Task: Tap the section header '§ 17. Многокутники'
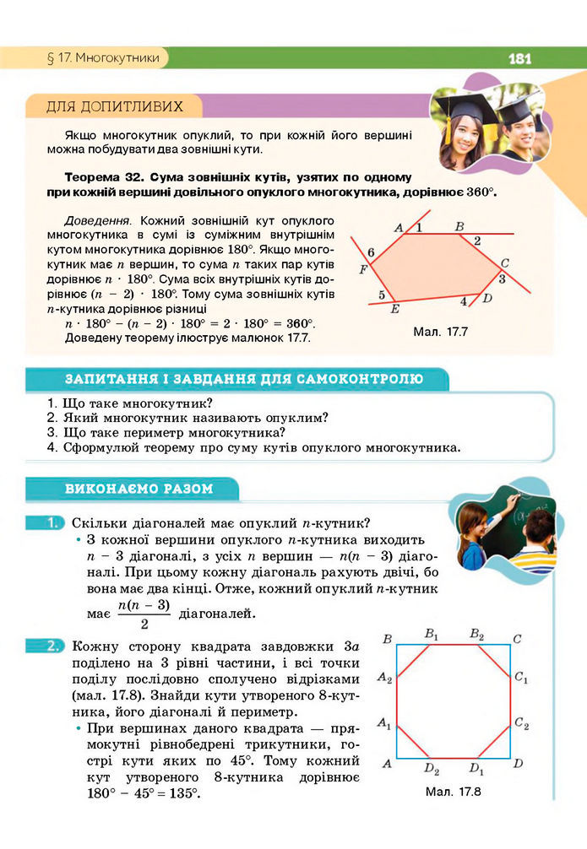(100, 58)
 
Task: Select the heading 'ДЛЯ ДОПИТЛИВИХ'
(114, 106)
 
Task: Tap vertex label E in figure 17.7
(394, 309)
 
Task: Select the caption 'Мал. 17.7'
(442, 332)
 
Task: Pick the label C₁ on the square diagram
(521, 678)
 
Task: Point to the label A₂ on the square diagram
(384, 678)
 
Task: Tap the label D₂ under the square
(432, 770)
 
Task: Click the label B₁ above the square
(432, 634)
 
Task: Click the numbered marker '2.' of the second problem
(52, 647)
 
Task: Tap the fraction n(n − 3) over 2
(144, 614)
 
